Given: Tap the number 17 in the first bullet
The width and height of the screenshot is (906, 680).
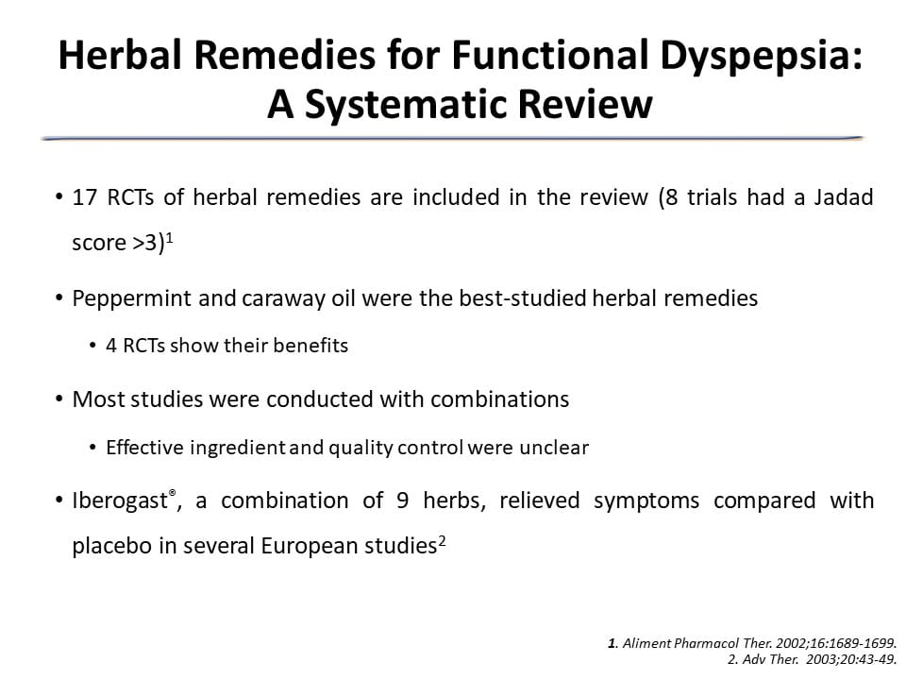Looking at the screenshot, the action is tap(84, 197).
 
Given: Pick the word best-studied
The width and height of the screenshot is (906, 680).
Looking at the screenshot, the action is tap(522, 298).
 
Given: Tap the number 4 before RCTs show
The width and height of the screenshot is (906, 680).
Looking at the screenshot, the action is tap(111, 346).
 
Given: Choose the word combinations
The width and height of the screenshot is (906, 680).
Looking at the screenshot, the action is tap(500, 399).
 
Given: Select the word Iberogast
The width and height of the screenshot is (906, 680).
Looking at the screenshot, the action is tap(120, 501).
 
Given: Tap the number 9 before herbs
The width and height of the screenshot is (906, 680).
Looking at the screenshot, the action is tap(403, 501).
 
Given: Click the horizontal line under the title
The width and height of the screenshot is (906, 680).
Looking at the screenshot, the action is tap(452, 138).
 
